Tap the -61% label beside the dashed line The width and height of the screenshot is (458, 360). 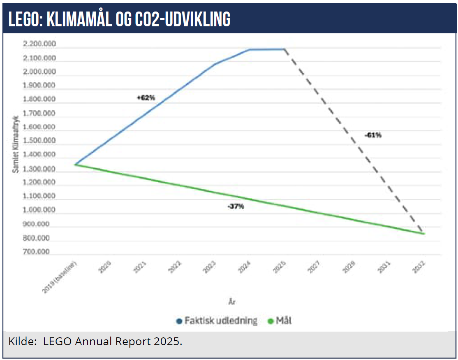click(x=373, y=135)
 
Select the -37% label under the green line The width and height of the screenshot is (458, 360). click(x=236, y=207)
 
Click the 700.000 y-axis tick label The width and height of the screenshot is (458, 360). click(x=37, y=252)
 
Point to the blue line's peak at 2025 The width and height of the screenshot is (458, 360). click(x=284, y=49)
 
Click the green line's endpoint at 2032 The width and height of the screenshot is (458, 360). click(x=424, y=234)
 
